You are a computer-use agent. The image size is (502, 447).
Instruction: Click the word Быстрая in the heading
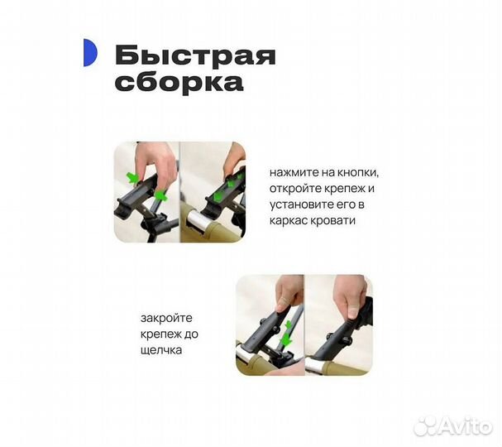(x=195, y=56)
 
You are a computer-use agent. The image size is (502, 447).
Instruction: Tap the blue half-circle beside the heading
(x=90, y=53)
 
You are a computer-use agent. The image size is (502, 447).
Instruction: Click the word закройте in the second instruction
(x=165, y=318)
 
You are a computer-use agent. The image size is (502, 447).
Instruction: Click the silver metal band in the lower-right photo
(x=319, y=362)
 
